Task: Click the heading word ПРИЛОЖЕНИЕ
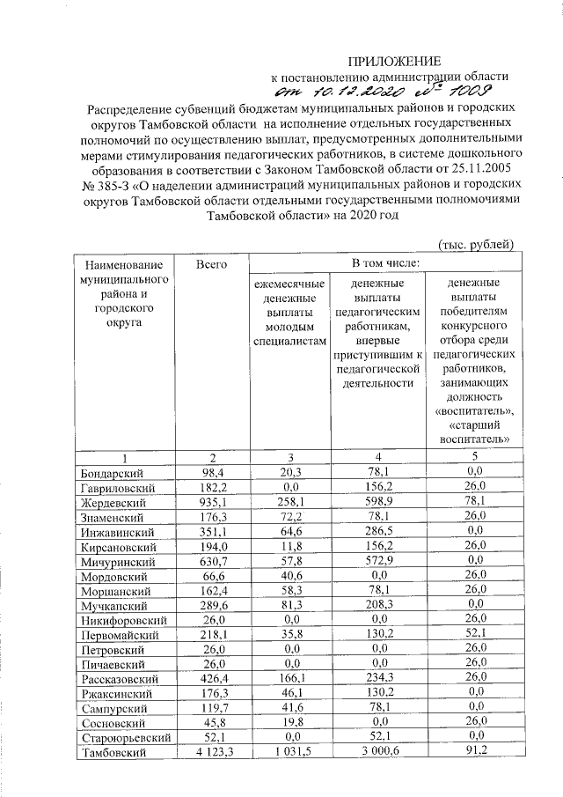click(x=394, y=61)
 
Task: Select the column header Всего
click(x=212, y=264)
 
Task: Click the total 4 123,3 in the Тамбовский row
click(x=211, y=751)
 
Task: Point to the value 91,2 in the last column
click(x=473, y=751)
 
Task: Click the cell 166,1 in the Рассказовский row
click(x=289, y=678)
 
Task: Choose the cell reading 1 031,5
click(x=289, y=751)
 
